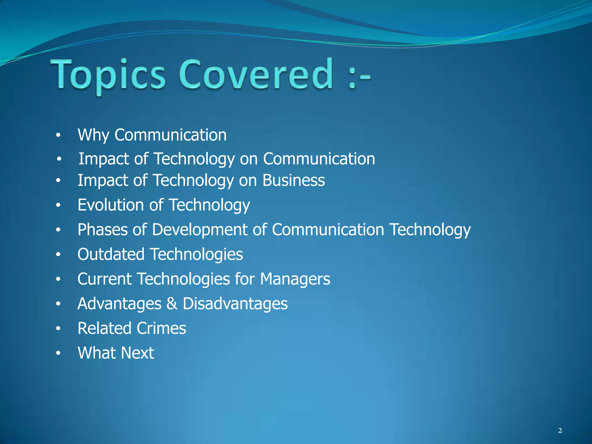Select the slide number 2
tap(560, 431)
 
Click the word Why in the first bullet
tap(93, 135)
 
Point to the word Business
tap(294, 180)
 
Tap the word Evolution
tap(111, 205)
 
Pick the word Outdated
tap(111, 254)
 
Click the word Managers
tap(295, 279)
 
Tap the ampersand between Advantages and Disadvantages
tap(172, 304)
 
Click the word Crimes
tap(161, 328)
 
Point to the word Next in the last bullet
tap(137, 353)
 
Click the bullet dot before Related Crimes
tap(58, 329)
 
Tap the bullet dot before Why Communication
tap(58, 135)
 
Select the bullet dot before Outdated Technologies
tap(58, 255)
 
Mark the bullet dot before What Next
tap(58, 353)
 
